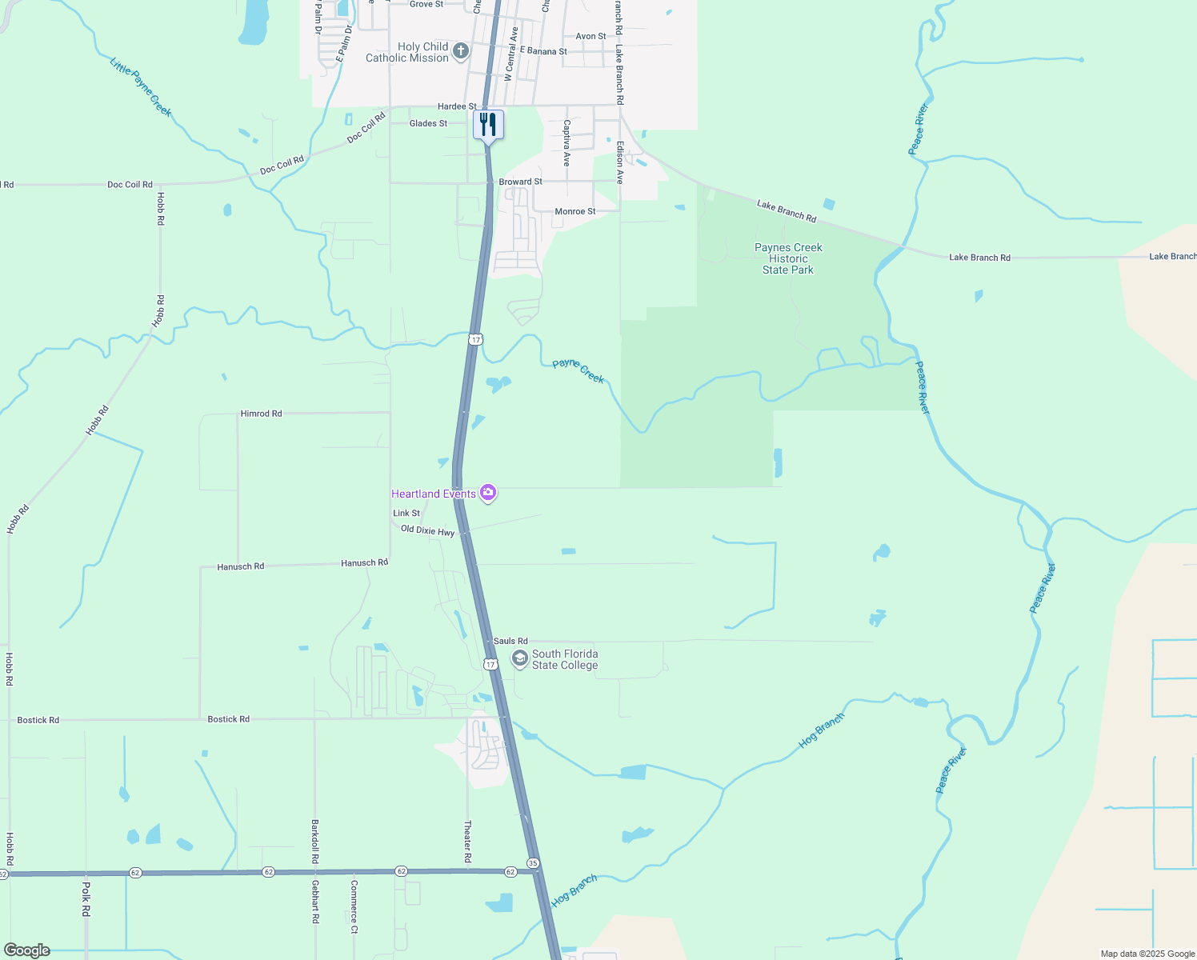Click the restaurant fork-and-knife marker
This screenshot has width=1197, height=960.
coord(488,125)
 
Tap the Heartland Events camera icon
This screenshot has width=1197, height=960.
coord(488,493)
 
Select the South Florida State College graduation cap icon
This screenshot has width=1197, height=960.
coord(520,659)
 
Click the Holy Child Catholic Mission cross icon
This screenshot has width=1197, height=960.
coord(461,52)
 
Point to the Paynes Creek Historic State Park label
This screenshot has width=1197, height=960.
coord(788,258)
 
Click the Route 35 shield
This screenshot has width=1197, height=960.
coord(533,863)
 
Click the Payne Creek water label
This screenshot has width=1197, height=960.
coord(578,370)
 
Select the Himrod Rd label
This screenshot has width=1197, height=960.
coord(261,414)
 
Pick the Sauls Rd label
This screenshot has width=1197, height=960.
coord(510,641)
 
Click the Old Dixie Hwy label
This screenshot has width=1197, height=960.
coord(427,530)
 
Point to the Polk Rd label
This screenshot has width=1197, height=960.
coord(86,899)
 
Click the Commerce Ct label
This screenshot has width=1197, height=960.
coord(354,907)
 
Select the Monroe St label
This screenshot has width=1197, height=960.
coord(575,211)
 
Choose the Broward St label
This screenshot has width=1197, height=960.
coord(521,182)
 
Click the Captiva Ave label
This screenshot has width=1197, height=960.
coord(566,143)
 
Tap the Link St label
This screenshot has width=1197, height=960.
coord(406,513)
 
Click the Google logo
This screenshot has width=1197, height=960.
coord(28,950)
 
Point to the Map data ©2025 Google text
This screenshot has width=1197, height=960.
coord(1147,954)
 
